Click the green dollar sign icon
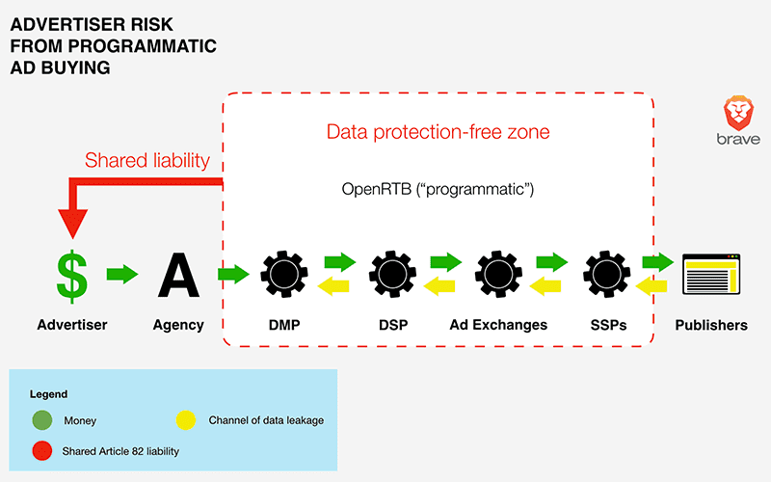pos(72,276)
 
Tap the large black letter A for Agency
pos(178,276)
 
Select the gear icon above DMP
pos(284,274)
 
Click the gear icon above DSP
pos(392,274)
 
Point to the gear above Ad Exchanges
pos(498,274)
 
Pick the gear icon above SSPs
pos(607,274)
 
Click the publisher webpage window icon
pos(711,274)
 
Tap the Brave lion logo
pos(738,113)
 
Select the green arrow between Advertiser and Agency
pos(122,274)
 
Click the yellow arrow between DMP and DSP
pos(333,285)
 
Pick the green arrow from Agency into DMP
pos(233,274)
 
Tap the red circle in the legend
pos(42,450)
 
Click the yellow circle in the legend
pos(186,420)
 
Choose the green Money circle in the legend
pos(42,420)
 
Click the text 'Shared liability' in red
pos(147,160)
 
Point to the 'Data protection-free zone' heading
pos(439,132)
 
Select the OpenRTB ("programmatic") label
pos(438,189)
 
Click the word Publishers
pos(711,325)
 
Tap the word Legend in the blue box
pos(49,394)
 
